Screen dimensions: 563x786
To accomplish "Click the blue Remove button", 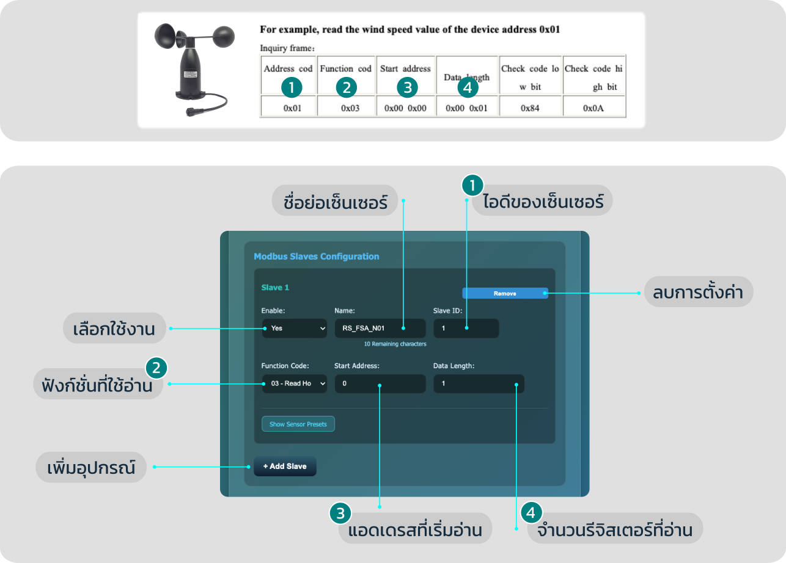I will click(x=505, y=293).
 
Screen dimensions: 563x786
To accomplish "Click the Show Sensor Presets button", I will click(x=298, y=424).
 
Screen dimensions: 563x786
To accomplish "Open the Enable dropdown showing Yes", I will click(x=295, y=328).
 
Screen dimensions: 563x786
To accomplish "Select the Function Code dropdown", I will click(x=295, y=383).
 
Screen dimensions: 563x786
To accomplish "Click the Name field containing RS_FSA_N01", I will click(x=380, y=328).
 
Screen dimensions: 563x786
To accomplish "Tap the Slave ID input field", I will click(x=466, y=328).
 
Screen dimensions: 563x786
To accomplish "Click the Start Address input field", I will click(x=380, y=383).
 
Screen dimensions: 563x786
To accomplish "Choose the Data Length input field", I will click(x=479, y=383).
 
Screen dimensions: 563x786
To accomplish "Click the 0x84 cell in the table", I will click(x=529, y=107).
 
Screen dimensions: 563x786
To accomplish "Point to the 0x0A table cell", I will click(x=593, y=107).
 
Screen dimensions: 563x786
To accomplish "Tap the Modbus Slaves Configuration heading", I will click(x=317, y=256).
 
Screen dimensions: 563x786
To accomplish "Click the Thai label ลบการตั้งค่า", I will click(x=697, y=293).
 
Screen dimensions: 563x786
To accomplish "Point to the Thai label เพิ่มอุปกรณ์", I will click(x=91, y=467).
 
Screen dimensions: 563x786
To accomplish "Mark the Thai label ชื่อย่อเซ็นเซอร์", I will click(x=336, y=202).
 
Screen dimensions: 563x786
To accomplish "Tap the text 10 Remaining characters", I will click(x=395, y=344).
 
